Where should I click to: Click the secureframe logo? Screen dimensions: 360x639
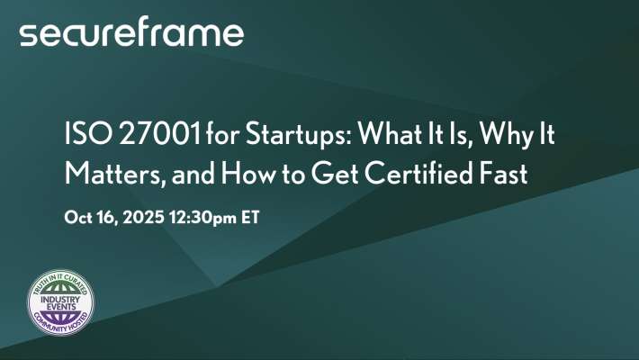pyautogui.click(x=131, y=33)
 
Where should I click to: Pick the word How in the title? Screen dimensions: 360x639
pyautogui.click(x=259, y=173)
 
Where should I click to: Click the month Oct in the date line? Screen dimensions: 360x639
pyautogui.click(x=79, y=217)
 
